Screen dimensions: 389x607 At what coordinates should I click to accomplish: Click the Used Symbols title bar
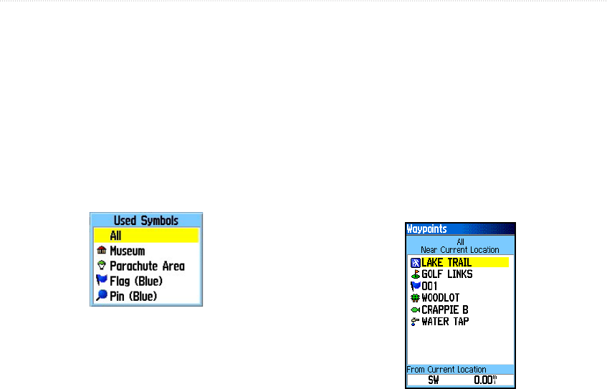(145, 221)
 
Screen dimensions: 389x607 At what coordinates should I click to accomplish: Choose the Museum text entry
(127, 251)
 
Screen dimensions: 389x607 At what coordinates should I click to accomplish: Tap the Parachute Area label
(147, 266)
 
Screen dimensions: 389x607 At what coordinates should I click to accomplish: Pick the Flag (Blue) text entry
(135, 281)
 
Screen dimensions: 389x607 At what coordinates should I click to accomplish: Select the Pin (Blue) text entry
(133, 296)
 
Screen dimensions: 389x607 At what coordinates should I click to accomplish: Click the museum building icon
(101, 251)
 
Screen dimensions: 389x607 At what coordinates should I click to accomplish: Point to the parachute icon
(101, 266)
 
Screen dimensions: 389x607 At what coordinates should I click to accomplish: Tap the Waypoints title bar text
(427, 229)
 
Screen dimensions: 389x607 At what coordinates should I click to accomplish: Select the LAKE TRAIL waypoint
(446, 263)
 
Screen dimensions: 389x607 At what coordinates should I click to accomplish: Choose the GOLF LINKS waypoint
(446, 274)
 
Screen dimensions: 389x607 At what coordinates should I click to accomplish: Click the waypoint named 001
(429, 286)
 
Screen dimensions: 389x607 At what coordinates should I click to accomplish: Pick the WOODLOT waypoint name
(440, 298)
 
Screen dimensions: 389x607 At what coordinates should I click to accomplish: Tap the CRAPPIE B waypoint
(444, 309)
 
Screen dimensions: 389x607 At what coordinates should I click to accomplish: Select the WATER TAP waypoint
(444, 322)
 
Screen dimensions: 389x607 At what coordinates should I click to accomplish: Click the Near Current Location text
(460, 250)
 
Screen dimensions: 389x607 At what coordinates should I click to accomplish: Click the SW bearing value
(434, 380)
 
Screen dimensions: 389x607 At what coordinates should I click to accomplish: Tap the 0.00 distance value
(485, 380)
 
